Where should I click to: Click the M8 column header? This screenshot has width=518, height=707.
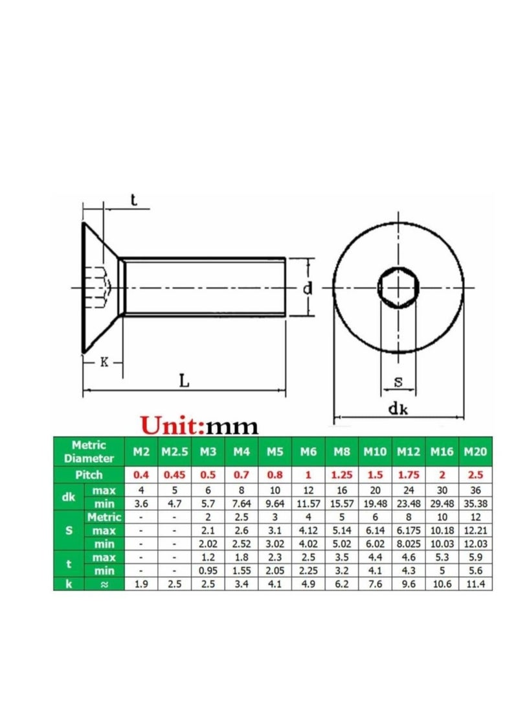tap(341, 451)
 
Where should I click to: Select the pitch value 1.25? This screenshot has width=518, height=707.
tap(341, 474)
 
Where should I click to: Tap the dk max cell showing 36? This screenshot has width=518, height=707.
tap(475, 491)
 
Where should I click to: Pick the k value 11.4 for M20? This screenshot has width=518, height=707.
tap(475, 584)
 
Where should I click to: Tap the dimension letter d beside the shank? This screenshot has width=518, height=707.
tap(308, 288)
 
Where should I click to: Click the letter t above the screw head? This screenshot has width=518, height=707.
tap(133, 201)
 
